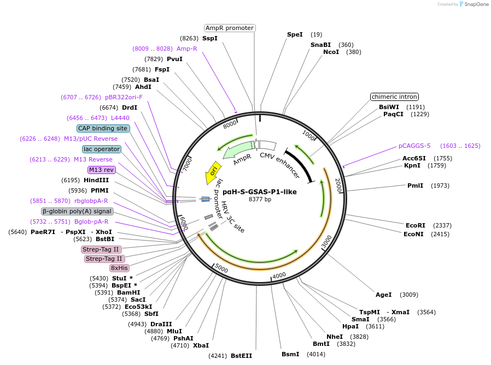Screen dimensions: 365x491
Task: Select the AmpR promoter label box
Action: pyautogui.click(x=230, y=28)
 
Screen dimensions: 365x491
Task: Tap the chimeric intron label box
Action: pyautogui.click(x=394, y=97)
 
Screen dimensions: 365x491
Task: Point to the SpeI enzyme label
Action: pyautogui.click(x=295, y=34)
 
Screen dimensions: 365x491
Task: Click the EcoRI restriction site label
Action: pyautogui.click(x=414, y=225)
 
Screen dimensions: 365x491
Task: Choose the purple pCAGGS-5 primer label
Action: pyautogui.click(x=414, y=146)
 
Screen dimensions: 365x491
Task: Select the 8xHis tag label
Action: pyautogui.click(x=119, y=268)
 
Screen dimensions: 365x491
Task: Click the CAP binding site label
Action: pyautogui.click(x=103, y=128)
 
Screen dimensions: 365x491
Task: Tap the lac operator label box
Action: pyautogui.click(x=102, y=149)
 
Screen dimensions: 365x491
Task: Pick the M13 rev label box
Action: pyautogui.click(x=101, y=170)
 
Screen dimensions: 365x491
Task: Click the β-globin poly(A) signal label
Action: pyautogui.click(x=77, y=211)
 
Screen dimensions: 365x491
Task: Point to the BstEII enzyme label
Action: pyautogui.click(x=241, y=356)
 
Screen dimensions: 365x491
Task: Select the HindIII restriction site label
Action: pyautogui.click(x=96, y=180)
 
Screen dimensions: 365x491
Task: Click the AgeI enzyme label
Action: pyautogui.click(x=383, y=295)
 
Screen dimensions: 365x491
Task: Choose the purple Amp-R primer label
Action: pyautogui.click(x=186, y=49)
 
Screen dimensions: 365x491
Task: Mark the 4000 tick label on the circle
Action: pyautogui.click(x=279, y=276)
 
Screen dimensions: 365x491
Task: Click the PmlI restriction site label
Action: pyautogui.click(x=415, y=186)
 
